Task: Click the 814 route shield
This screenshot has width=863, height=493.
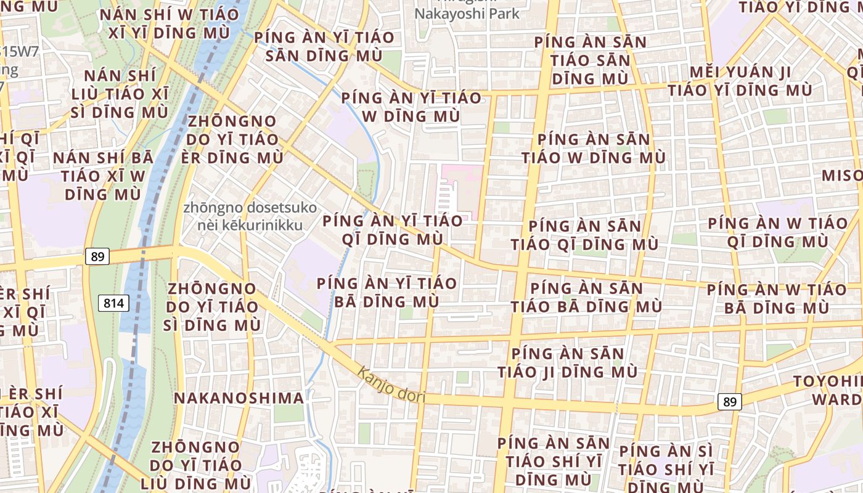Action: pos(113,303)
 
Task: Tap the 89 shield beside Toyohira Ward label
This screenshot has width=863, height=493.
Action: pos(729,402)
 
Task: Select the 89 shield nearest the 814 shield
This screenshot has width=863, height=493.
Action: pos(97,256)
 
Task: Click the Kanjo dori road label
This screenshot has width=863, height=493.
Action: pos(391,385)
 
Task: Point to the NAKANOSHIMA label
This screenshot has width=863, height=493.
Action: pos(239,398)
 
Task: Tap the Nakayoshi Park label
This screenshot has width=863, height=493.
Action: pos(467,13)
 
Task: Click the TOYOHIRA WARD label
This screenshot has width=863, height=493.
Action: pos(829,390)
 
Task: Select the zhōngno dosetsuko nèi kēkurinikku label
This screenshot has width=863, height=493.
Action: pos(250,216)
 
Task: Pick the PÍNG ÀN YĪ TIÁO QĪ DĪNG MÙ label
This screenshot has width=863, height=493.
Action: pos(392,229)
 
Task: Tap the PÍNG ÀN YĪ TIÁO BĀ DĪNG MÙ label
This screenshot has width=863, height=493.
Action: pos(387,293)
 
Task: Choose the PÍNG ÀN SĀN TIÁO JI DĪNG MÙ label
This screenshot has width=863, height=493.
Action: pos(568,363)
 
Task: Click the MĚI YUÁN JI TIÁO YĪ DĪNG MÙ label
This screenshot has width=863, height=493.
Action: pos(740,81)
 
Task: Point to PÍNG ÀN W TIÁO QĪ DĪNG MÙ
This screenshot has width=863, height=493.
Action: pos(777,232)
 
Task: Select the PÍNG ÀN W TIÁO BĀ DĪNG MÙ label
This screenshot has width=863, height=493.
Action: pos(777,298)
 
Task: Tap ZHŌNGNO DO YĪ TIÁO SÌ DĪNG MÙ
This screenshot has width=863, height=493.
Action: pos(213,306)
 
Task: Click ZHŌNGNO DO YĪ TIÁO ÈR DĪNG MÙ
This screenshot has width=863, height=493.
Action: pos(234,139)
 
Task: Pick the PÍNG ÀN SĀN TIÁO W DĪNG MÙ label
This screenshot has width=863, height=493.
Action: pos(593,149)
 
